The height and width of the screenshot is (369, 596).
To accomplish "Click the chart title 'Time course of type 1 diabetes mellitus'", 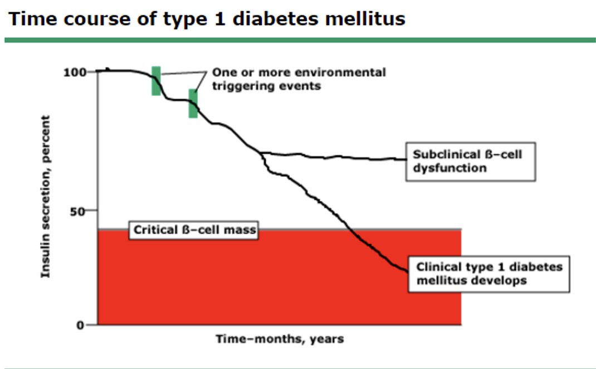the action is pos(207,19).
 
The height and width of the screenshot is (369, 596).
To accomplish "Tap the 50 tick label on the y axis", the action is pos(78,211).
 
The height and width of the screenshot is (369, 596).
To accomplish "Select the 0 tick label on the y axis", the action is pos(80,326).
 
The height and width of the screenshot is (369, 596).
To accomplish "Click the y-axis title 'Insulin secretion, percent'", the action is pos(46,197).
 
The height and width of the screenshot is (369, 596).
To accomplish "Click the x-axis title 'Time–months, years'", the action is pos(280,338).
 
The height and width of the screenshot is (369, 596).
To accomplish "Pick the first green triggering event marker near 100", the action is pos(156,81).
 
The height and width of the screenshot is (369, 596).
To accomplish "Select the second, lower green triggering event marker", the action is pos(193,104).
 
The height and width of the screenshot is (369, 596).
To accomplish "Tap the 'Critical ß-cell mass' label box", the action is pos(194,230).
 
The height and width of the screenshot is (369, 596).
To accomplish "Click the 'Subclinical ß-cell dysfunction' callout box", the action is pos(471,162).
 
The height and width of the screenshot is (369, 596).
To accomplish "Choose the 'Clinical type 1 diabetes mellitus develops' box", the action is pos(489,274).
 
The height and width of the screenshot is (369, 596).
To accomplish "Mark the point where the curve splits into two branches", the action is pos(261,153).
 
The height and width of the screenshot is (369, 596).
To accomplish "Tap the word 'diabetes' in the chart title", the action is pos(275,19).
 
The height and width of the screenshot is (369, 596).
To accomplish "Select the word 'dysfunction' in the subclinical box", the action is pos(450,168).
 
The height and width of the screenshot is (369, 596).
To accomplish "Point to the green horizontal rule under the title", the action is pos(300,40).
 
